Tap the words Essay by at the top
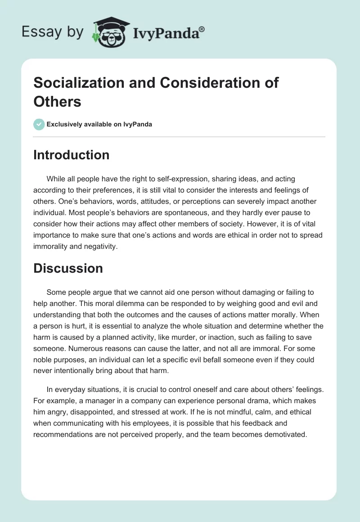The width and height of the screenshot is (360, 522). click(52, 31)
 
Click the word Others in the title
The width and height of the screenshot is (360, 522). click(57, 101)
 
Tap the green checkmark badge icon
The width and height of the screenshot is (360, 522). click(39, 124)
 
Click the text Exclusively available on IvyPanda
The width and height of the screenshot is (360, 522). click(99, 124)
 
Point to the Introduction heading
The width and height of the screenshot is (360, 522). click(72, 155)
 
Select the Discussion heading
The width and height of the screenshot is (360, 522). click(68, 268)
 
